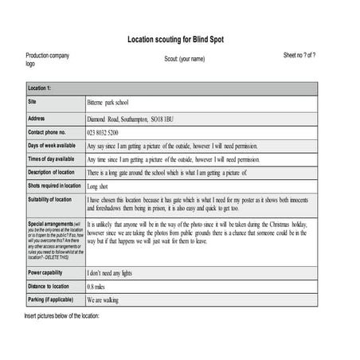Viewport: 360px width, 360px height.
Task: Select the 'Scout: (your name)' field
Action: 184,59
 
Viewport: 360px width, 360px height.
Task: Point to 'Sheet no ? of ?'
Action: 299,55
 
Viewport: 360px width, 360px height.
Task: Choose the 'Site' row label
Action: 33,102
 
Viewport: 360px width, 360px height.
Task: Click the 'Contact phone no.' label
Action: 47,131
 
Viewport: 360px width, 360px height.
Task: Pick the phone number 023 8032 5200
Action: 103,132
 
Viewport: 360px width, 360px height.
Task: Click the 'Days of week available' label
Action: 52,146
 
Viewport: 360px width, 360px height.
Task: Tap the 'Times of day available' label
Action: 52,158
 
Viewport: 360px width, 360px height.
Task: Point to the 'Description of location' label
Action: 52,172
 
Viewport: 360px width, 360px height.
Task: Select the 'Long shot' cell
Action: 99,186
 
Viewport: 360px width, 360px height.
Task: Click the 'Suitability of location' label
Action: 49,199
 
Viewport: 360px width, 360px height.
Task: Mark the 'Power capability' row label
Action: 46,272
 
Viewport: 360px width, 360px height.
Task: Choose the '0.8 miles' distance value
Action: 96,287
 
